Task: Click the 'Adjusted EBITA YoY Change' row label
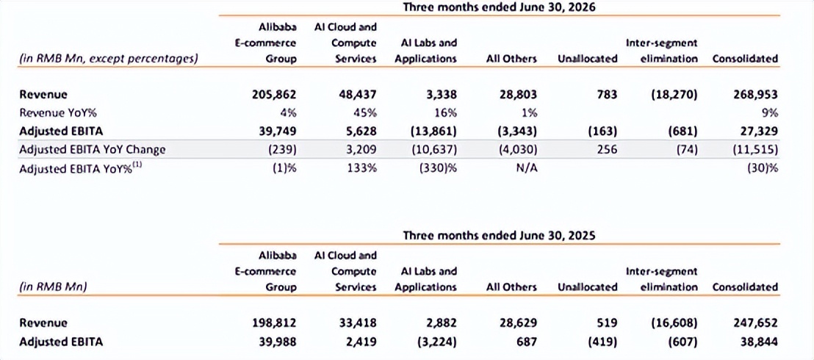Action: (93, 150)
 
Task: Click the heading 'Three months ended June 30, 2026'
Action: (499, 7)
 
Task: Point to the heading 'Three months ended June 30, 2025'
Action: (499, 235)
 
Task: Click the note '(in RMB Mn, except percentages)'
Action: (108, 59)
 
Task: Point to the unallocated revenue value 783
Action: (607, 95)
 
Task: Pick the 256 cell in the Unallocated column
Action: (607, 150)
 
